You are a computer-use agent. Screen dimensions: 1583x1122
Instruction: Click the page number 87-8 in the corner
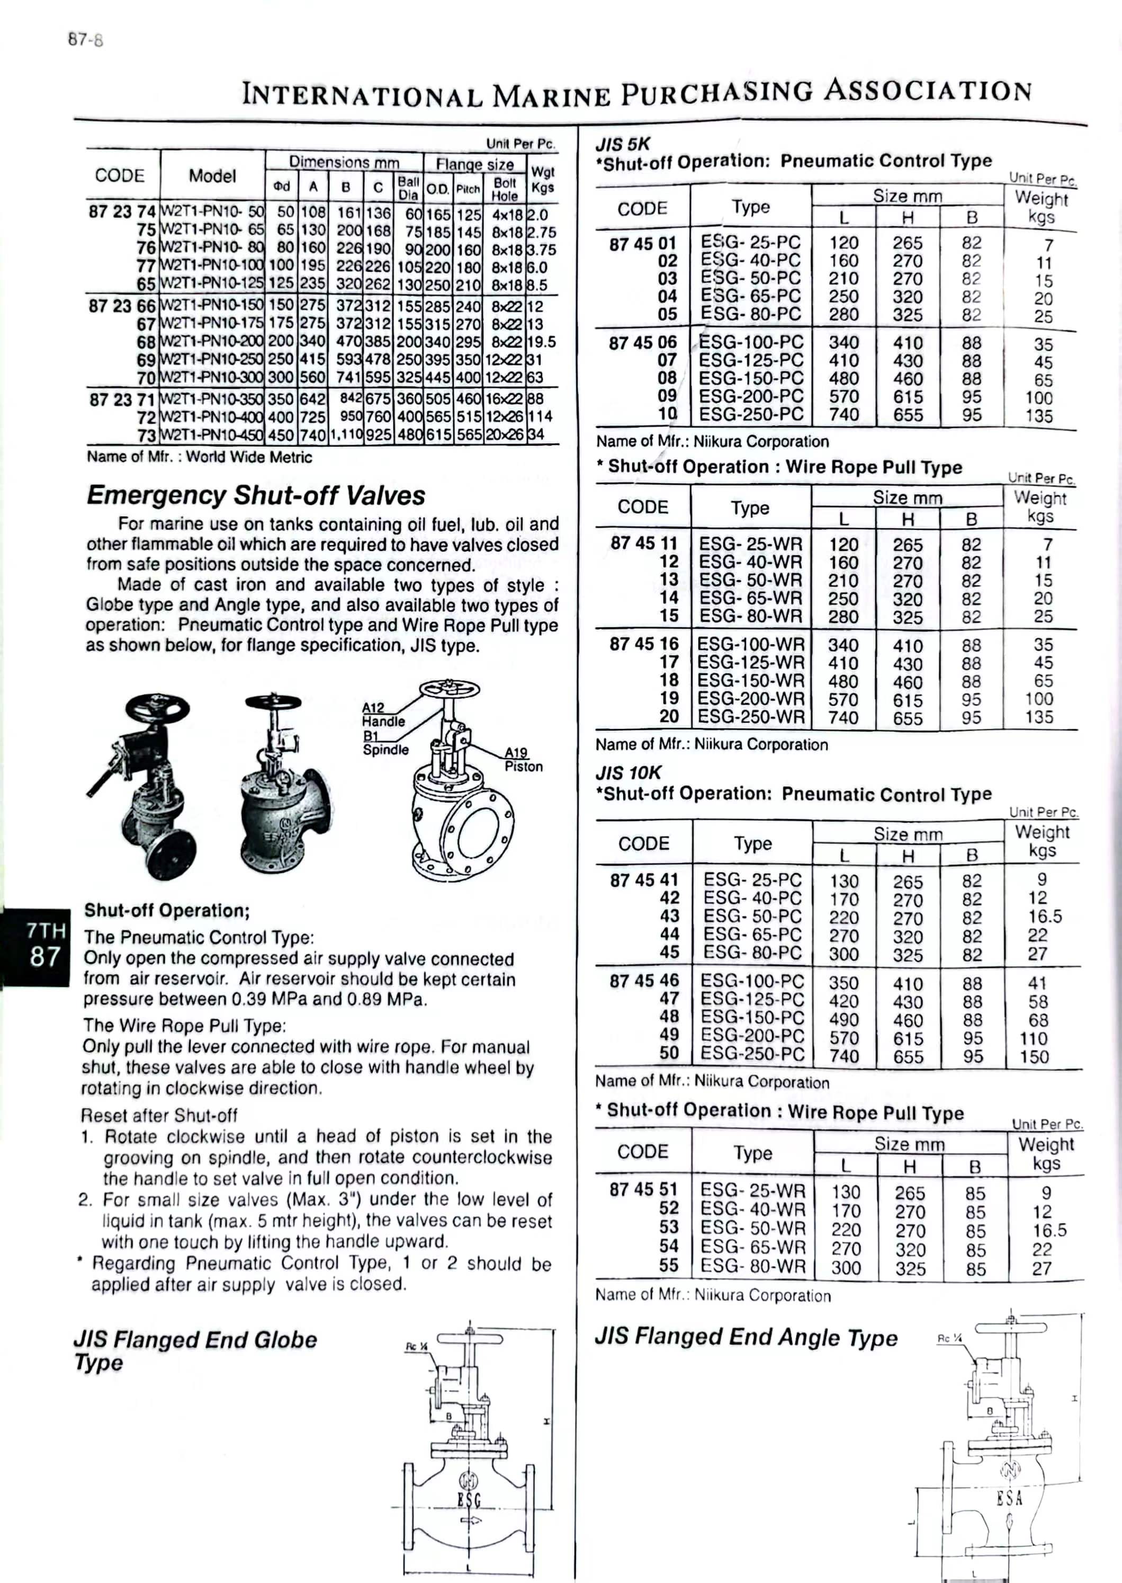click(x=86, y=40)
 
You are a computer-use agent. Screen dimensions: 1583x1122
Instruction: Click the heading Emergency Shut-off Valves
click(x=256, y=496)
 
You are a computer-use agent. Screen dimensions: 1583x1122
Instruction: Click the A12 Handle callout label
click(x=383, y=714)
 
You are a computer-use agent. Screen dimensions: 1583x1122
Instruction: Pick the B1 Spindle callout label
click(x=385, y=743)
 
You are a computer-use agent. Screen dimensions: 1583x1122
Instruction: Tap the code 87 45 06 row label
click(x=642, y=343)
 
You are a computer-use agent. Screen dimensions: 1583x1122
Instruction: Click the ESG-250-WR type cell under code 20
click(x=751, y=717)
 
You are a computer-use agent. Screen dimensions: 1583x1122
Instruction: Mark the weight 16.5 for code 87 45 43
click(x=1045, y=917)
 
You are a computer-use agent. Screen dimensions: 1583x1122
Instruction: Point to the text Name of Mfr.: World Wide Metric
click(x=199, y=457)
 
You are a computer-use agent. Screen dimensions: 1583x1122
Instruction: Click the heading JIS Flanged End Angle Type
click(x=746, y=1338)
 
